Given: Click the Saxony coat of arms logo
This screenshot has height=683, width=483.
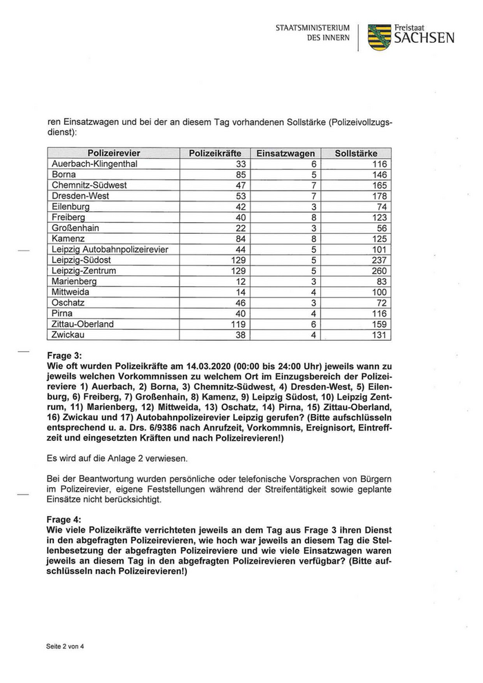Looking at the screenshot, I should (x=379, y=37).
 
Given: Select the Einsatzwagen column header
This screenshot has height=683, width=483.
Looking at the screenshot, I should (x=285, y=153).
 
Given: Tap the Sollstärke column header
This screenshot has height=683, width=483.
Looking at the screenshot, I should (x=357, y=153).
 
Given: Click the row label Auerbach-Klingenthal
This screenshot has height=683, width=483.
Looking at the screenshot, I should (x=95, y=164).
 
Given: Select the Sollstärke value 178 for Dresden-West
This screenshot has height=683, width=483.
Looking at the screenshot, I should (x=379, y=196).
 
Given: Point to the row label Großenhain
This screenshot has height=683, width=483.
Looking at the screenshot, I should (x=76, y=228).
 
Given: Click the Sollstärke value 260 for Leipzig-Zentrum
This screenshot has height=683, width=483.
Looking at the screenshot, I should (x=379, y=271).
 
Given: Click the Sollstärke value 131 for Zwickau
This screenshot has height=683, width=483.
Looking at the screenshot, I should (x=379, y=335).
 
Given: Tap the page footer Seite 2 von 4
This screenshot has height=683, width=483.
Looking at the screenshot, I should (x=66, y=646).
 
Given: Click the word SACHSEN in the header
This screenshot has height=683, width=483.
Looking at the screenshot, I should (x=424, y=39).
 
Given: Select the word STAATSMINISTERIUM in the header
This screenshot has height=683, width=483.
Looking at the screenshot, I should (x=313, y=28).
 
